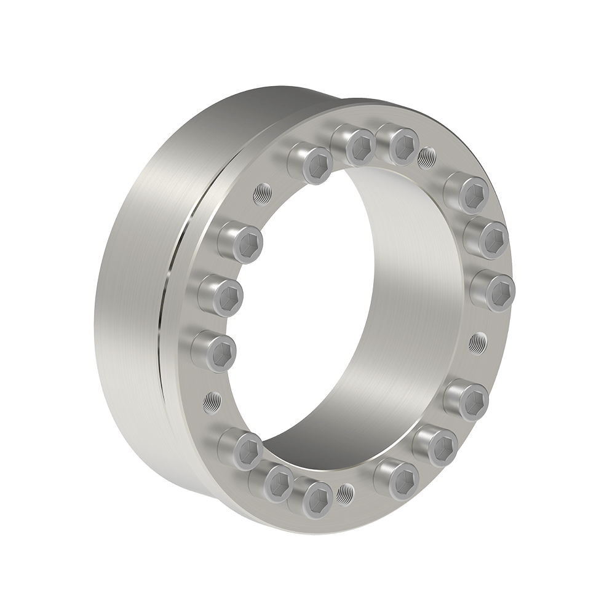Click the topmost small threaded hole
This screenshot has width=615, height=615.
click(425, 157)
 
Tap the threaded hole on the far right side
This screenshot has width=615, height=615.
click(477, 342)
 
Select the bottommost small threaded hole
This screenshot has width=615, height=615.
click(346, 492)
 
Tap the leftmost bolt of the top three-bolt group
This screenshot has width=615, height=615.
click(312, 162)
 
